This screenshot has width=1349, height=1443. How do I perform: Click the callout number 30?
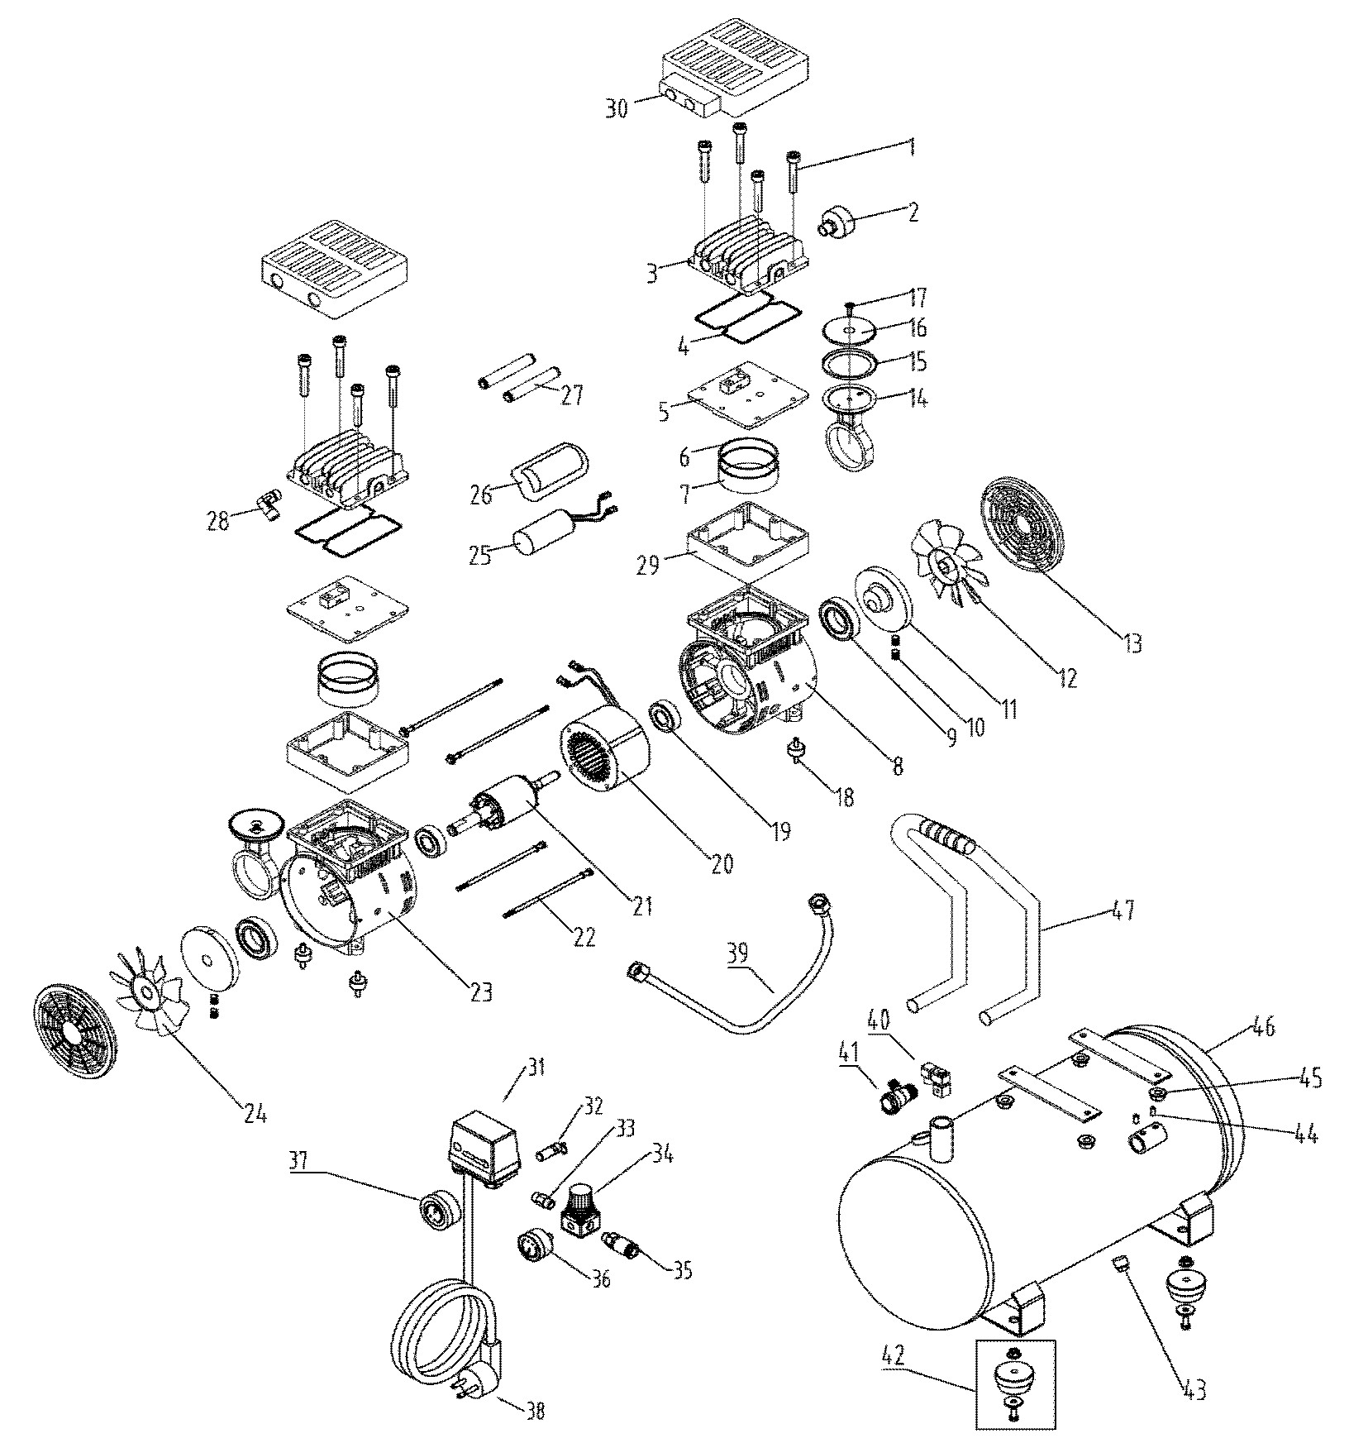tap(616, 108)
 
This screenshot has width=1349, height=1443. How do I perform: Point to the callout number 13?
tap(1132, 642)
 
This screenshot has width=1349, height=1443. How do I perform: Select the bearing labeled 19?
tap(665, 715)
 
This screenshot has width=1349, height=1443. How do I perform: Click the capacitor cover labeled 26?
tap(550, 471)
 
